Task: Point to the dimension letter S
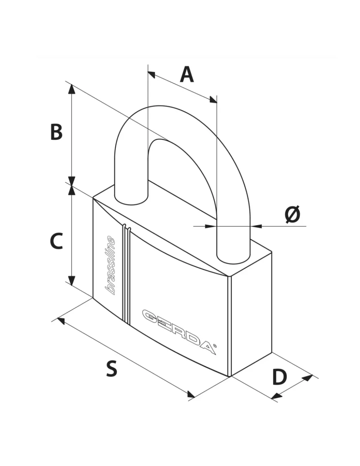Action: (x=112, y=369)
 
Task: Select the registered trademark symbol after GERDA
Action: (x=215, y=346)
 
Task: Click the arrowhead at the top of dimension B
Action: (x=72, y=89)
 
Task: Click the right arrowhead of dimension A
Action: (x=213, y=100)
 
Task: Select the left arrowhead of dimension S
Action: (x=61, y=321)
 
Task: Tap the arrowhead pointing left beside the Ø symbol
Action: (x=256, y=226)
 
